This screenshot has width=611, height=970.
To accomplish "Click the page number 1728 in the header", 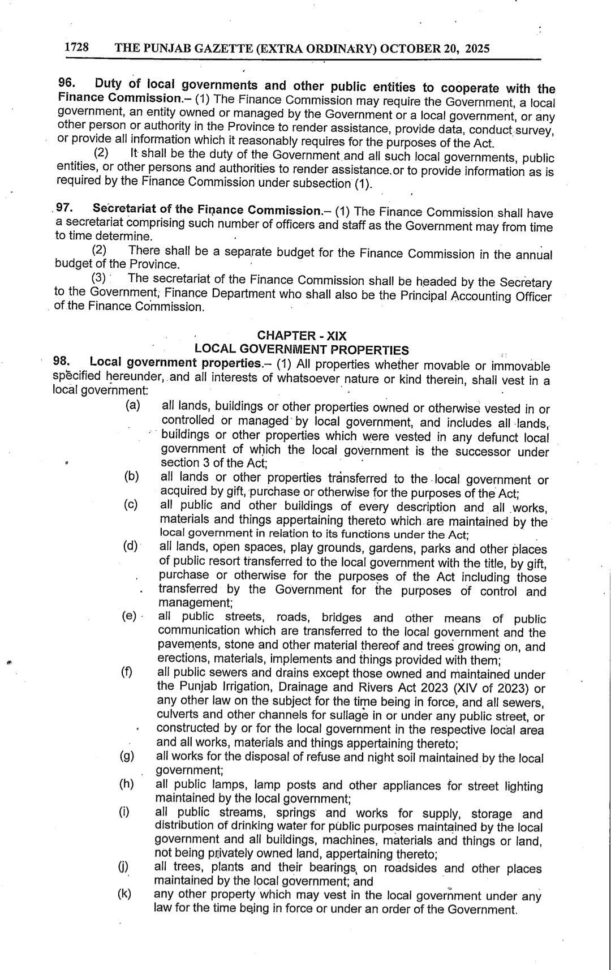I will click(76, 48).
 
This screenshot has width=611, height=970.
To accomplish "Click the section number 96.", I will click(66, 83).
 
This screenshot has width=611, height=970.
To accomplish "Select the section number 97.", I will click(63, 208).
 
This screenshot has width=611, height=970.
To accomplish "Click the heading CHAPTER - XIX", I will click(302, 336).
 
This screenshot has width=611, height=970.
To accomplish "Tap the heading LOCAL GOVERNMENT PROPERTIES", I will click(301, 350).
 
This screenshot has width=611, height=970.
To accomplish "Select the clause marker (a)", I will click(133, 405).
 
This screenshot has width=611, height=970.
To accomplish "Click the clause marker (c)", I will click(131, 505).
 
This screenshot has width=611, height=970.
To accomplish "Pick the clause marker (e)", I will click(130, 616).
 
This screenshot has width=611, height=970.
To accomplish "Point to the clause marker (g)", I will click(127, 756).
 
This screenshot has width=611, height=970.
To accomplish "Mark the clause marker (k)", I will click(124, 894).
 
